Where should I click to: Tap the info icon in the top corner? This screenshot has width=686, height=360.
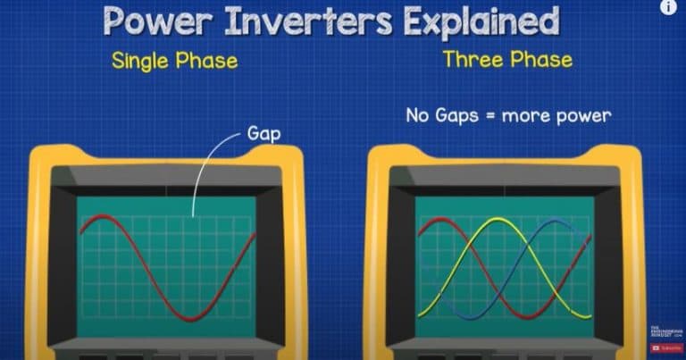[668, 7]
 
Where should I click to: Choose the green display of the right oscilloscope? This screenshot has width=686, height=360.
[503, 286]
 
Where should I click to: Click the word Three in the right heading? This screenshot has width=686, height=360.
[474, 61]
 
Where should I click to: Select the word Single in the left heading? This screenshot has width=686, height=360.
[142, 62]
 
